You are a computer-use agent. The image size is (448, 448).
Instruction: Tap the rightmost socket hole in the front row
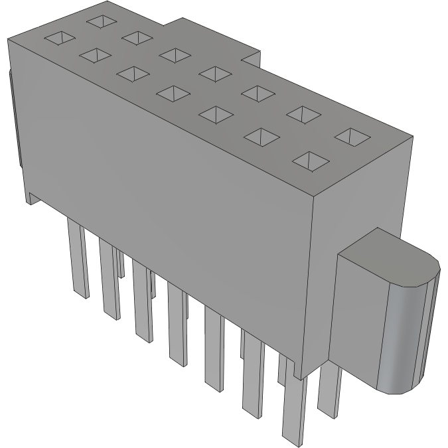tap(310, 160)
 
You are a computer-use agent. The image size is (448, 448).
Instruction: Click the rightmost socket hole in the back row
tap(352, 137)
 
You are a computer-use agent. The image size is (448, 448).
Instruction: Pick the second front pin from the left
tap(110, 279)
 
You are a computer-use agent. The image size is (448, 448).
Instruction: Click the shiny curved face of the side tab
tap(405, 338)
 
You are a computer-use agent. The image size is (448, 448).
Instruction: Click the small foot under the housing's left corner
tap(32, 196)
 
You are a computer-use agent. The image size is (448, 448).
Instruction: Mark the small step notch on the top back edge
tap(251, 58)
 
